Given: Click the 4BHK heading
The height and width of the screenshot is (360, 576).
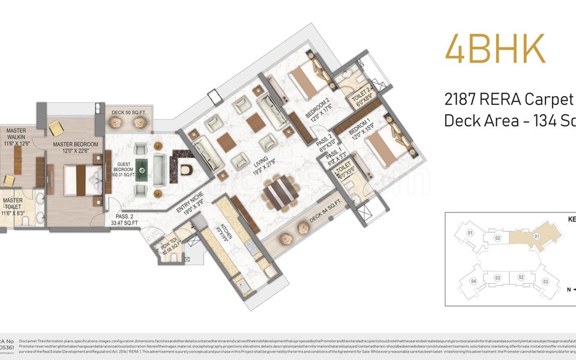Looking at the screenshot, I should pos(495,49).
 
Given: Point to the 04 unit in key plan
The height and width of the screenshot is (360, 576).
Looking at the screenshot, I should pos(474,281).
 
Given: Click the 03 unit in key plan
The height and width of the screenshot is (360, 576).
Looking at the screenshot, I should pos(545,281).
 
